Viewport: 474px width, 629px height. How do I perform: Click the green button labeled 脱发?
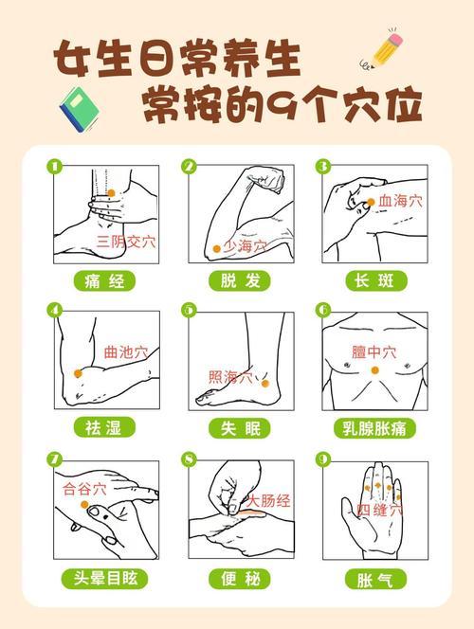point(238,280)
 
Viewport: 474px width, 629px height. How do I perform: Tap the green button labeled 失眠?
point(238,427)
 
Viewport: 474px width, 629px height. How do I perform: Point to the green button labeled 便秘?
point(238,577)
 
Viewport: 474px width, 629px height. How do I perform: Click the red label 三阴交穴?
point(126,242)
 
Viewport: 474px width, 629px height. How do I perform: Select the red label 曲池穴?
point(125,351)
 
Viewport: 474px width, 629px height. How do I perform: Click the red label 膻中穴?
point(374,351)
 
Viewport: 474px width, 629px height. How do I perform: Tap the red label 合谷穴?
point(84,489)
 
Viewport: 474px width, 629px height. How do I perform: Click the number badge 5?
point(189,309)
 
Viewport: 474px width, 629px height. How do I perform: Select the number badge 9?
point(323,459)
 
